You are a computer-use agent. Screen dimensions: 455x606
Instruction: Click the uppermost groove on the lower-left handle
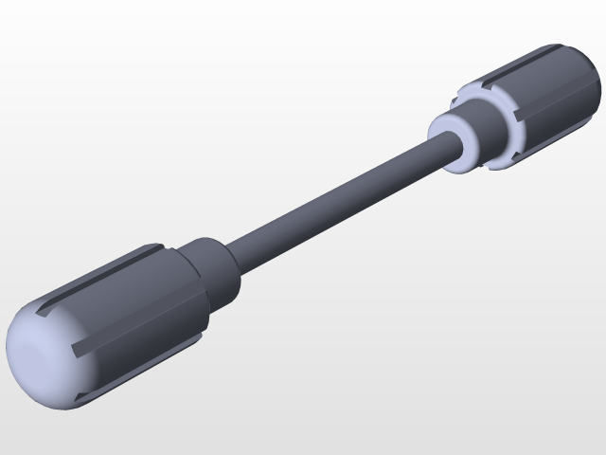(104, 275)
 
